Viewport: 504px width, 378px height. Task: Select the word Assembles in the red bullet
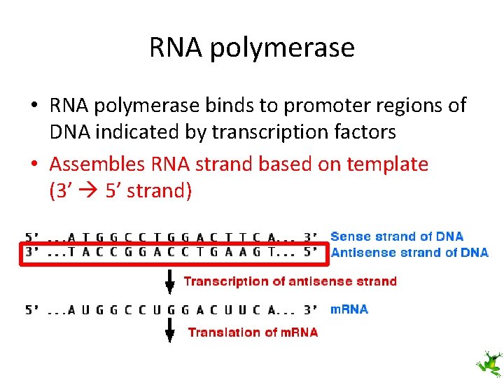tap(97, 164)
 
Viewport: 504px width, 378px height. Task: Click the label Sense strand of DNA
tap(397, 237)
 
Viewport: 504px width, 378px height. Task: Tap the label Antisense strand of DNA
tap(409, 252)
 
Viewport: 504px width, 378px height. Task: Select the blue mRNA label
tap(349, 309)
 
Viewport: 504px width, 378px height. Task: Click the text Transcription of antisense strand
tap(290, 281)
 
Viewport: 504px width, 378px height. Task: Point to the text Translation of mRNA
tap(253, 332)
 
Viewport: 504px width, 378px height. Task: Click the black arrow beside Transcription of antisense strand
tap(169, 283)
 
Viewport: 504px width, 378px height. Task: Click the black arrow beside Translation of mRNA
tap(169, 332)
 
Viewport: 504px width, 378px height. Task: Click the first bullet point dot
tap(34, 106)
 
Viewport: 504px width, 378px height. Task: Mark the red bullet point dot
tap(34, 165)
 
